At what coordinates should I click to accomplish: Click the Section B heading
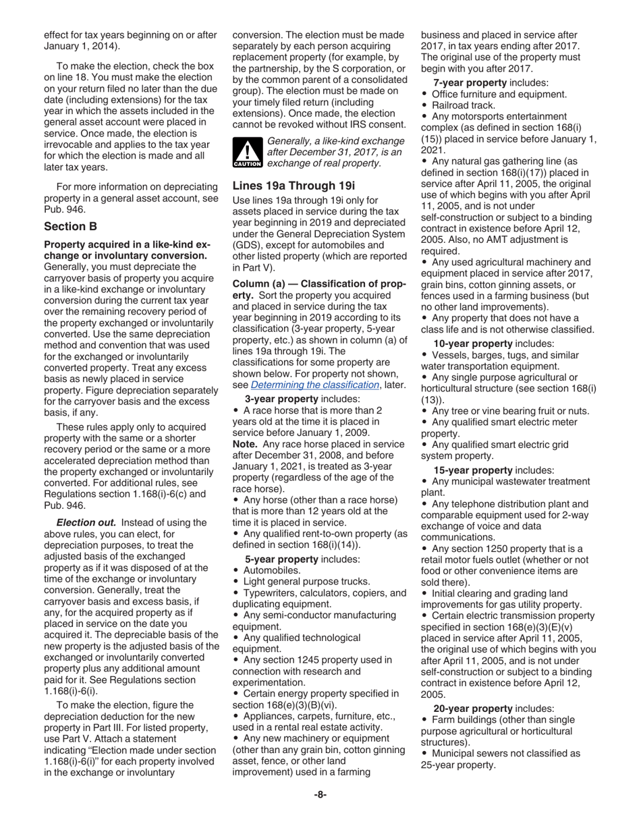pyautogui.click(x=71, y=227)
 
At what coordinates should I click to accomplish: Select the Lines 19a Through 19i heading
pyautogui.click(x=294, y=186)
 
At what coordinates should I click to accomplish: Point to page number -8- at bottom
pyautogui.click(x=320, y=794)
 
